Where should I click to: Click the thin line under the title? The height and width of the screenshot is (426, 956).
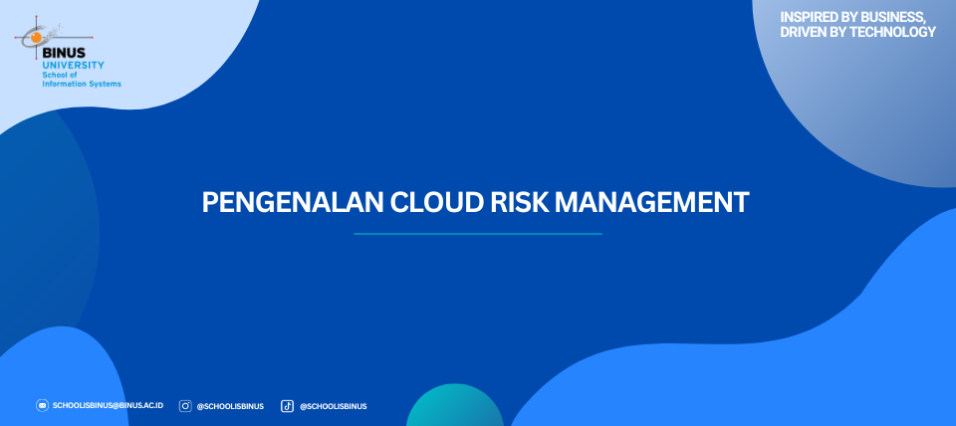click(x=477, y=234)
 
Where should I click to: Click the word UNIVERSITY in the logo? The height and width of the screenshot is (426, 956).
click(x=73, y=65)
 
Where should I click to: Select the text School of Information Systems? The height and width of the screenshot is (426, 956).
click(x=81, y=79)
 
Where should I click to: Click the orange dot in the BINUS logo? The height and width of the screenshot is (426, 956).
click(x=37, y=38)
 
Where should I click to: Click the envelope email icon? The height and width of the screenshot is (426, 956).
click(x=42, y=405)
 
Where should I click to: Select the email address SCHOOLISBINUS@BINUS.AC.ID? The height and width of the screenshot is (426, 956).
click(x=108, y=405)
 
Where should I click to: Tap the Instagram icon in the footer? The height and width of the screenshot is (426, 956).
click(x=185, y=406)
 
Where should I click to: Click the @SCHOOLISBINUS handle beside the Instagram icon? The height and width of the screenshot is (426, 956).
click(x=230, y=406)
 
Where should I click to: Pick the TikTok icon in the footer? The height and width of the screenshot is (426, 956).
click(x=287, y=406)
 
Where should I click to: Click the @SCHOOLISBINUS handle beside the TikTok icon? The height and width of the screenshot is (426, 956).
click(x=333, y=406)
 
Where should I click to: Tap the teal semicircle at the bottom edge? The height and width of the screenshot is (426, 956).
click(x=455, y=407)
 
